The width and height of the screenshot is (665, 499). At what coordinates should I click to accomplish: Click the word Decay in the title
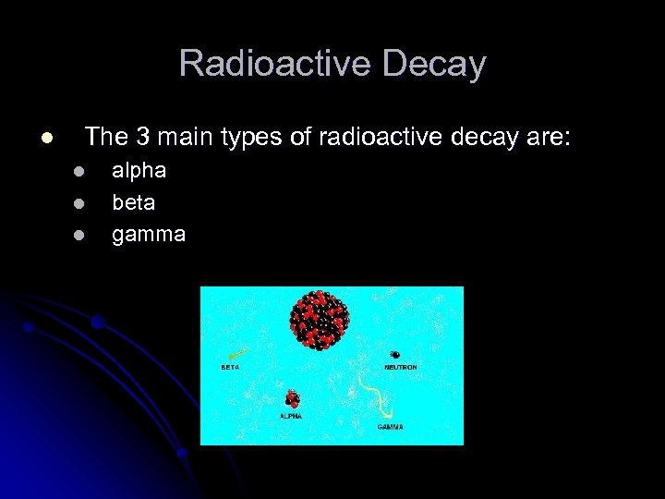438,64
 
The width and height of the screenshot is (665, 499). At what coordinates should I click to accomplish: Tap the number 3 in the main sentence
142,138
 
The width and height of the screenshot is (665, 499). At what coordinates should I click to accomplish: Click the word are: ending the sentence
547,138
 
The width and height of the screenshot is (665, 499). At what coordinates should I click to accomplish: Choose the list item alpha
139,171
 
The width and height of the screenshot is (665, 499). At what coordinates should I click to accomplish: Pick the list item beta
134,202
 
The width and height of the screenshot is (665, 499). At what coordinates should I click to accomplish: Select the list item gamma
149,235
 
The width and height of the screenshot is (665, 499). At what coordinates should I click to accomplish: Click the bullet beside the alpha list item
79,172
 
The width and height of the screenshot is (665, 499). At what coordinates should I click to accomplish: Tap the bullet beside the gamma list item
79,235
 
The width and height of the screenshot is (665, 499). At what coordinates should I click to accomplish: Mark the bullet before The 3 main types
44,139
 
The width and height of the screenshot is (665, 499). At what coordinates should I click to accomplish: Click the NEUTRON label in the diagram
400,367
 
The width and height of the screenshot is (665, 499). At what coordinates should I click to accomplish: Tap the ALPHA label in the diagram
291,416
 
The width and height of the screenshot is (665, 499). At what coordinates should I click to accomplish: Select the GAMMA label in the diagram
390,427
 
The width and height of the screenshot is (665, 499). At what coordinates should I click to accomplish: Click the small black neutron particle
395,355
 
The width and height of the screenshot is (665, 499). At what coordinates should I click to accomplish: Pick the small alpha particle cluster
292,399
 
